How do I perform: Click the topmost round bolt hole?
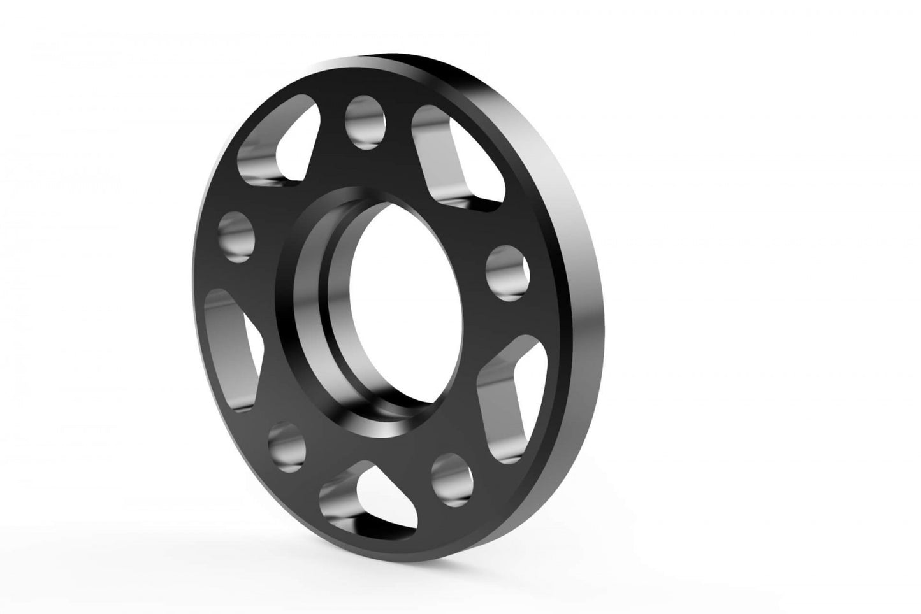pos(366,122)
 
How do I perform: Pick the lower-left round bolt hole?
pos(283,445)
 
